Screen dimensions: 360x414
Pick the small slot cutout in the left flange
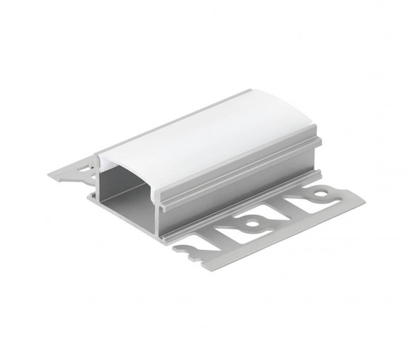pyautogui.click(x=85, y=168)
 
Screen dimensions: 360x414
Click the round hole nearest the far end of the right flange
pyautogui.click(x=322, y=190)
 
